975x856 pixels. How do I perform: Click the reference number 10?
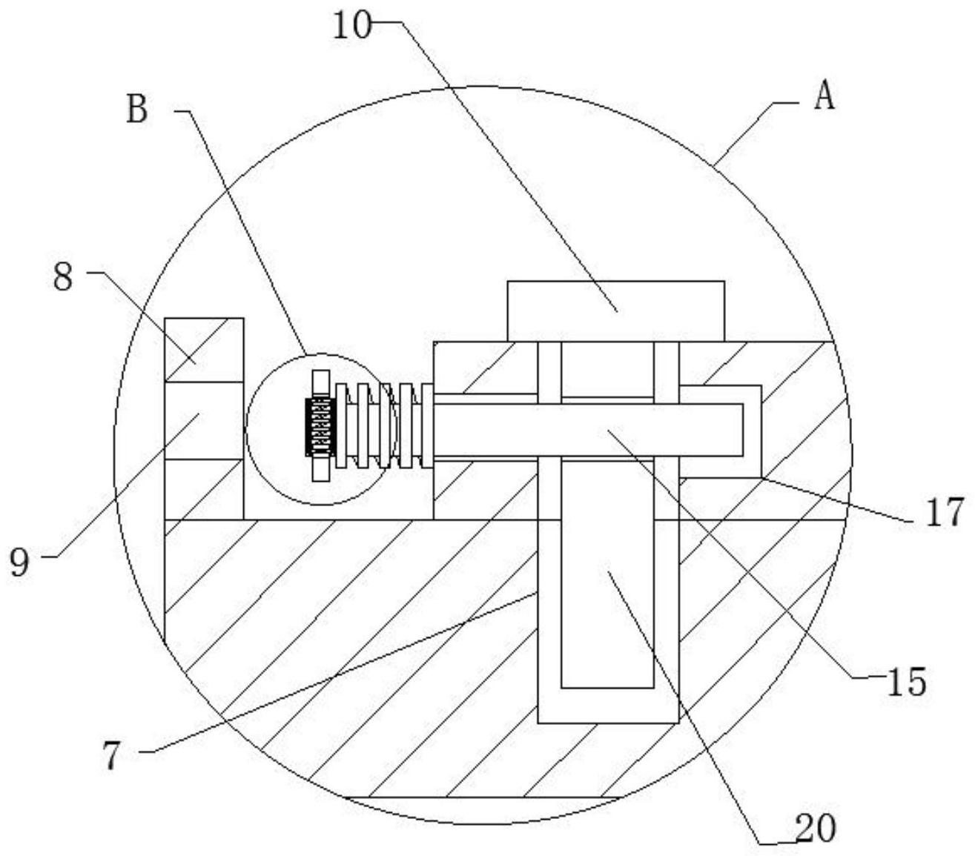click(x=349, y=27)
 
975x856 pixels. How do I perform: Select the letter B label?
click(x=138, y=110)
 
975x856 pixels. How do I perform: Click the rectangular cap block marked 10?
click(x=615, y=311)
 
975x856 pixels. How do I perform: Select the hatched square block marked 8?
click(x=204, y=350)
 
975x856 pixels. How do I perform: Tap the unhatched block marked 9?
click(x=204, y=420)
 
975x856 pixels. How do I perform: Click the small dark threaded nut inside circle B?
click(x=320, y=427)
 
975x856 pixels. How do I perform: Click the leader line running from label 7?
click(x=334, y=674)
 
